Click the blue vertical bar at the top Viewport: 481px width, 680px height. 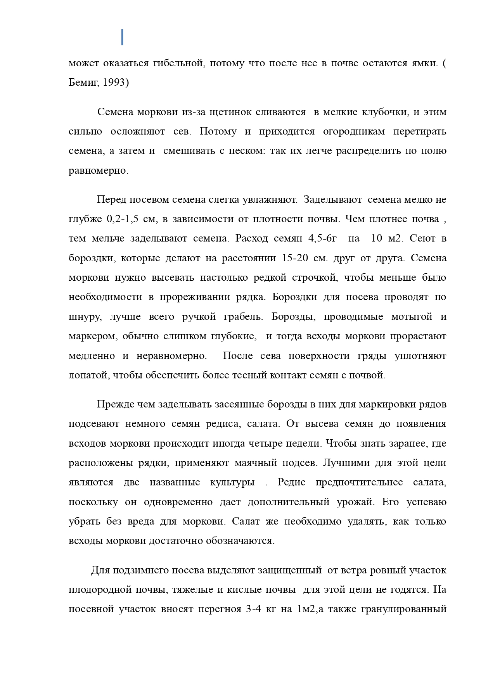coord(122,37)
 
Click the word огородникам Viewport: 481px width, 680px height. coord(354,131)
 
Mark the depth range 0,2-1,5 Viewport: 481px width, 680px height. coord(123,219)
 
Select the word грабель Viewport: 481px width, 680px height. coord(243,317)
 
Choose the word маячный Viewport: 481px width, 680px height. coord(256,463)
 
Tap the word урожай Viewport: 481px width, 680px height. coord(358,502)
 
